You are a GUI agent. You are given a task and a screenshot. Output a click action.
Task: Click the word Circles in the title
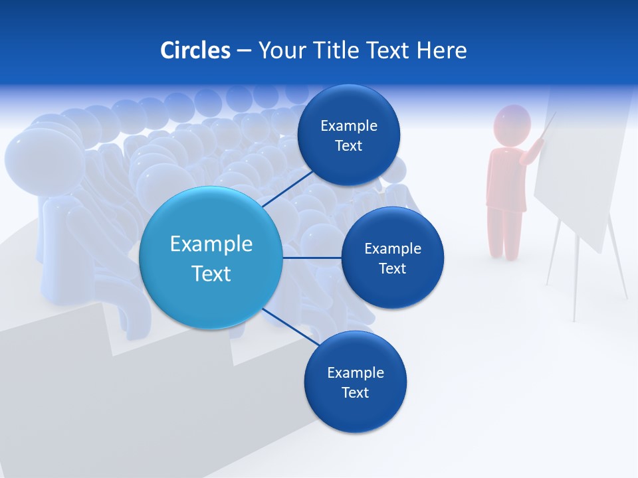tap(195, 50)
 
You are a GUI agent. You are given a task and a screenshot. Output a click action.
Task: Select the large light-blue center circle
tap(211, 258)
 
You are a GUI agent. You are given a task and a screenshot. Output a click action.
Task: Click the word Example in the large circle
tap(211, 244)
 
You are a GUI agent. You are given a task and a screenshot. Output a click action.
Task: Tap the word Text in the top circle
tap(348, 146)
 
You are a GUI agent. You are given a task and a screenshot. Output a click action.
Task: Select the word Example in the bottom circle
tap(355, 372)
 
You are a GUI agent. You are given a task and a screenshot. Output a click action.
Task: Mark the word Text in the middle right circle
tap(392, 268)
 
